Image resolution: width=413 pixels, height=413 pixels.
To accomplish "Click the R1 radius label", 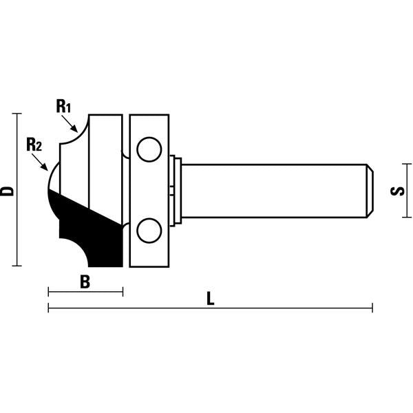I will (x=63, y=106).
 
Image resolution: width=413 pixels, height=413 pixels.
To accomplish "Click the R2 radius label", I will (x=34, y=145).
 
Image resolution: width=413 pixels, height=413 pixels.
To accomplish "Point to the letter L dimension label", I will (x=211, y=299).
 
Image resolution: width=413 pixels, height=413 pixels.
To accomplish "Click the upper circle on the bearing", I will (x=147, y=148).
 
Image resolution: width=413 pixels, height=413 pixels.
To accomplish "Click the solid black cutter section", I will (x=93, y=231).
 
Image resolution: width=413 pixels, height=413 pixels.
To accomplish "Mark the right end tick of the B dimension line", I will (x=123, y=291).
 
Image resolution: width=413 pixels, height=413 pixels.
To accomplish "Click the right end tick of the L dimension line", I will (x=372, y=307).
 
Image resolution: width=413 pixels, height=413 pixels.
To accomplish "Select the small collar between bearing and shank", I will (x=176, y=190).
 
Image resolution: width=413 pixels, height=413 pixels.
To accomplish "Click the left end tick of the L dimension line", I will (x=48, y=307).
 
